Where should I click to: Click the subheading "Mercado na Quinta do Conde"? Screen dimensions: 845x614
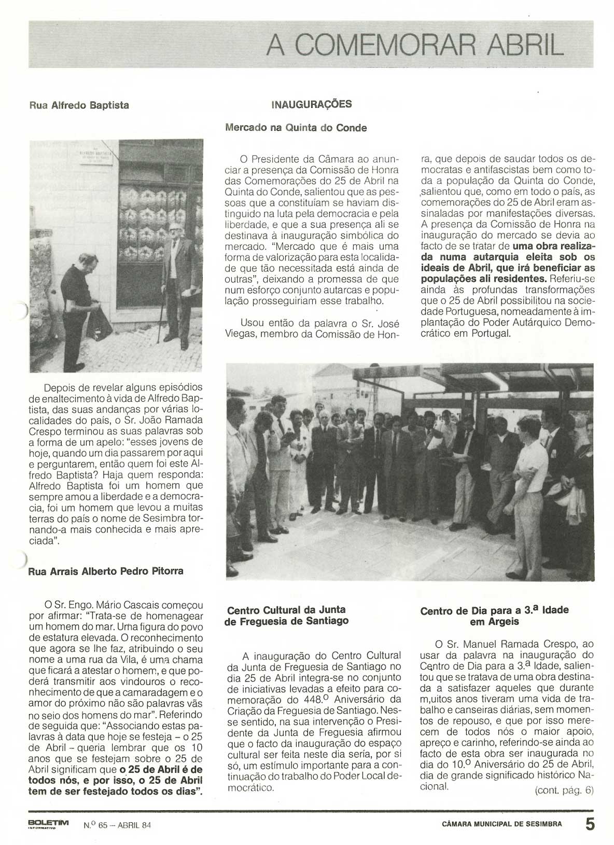[x=296, y=128]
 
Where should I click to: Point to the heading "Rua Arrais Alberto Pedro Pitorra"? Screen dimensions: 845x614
[x=105, y=571]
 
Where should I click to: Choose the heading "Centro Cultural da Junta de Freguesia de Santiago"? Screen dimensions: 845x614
[x=286, y=615]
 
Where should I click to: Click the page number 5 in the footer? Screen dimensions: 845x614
[x=590, y=824]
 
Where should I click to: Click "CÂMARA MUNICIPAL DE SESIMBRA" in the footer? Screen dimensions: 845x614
[x=501, y=824]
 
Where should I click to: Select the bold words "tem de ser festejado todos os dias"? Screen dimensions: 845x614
[x=115, y=791]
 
